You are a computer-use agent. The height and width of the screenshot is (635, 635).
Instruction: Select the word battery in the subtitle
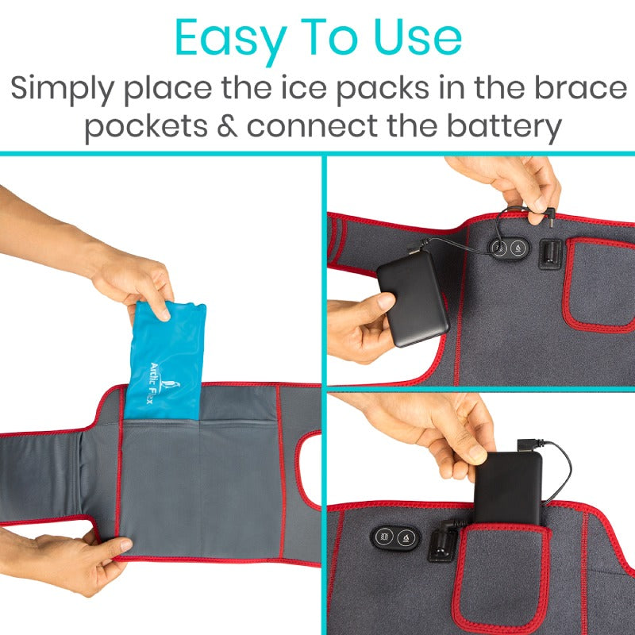click(x=504, y=126)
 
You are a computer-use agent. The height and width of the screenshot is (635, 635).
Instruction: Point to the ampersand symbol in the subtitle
click(x=227, y=125)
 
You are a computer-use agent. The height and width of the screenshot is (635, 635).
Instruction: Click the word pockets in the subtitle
click(x=146, y=127)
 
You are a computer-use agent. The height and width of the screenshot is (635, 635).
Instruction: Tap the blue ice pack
click(x=165, y=360)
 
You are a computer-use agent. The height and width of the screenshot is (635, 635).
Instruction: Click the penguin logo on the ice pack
click(x=169, y=386)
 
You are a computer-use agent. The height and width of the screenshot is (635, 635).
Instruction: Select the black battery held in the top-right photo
click(x=413, y=298)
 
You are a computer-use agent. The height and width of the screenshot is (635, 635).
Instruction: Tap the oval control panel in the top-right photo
click(x=509, y=248)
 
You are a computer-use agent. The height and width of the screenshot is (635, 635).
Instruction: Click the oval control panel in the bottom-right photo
click(x=395, y=537)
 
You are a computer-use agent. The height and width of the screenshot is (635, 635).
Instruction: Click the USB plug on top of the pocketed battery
click(x=525, y=445)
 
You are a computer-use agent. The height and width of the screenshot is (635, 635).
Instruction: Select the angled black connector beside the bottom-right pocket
click(x=443, y=540)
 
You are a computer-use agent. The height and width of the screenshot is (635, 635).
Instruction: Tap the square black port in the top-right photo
click(x=551, y=254)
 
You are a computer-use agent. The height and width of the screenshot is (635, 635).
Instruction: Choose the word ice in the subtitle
click(x=304, y=87)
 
